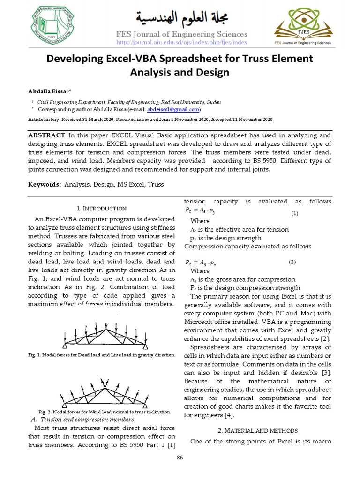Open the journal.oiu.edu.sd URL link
[181, 43]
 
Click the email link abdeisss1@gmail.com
[173, 109]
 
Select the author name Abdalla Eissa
[48, 90]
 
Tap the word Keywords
[45, 185]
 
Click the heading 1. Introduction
[101, 208]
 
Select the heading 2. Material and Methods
[258, 430]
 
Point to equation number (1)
[295, 213]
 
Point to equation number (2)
[292, 261]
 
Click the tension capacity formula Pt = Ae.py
[201, 212]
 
